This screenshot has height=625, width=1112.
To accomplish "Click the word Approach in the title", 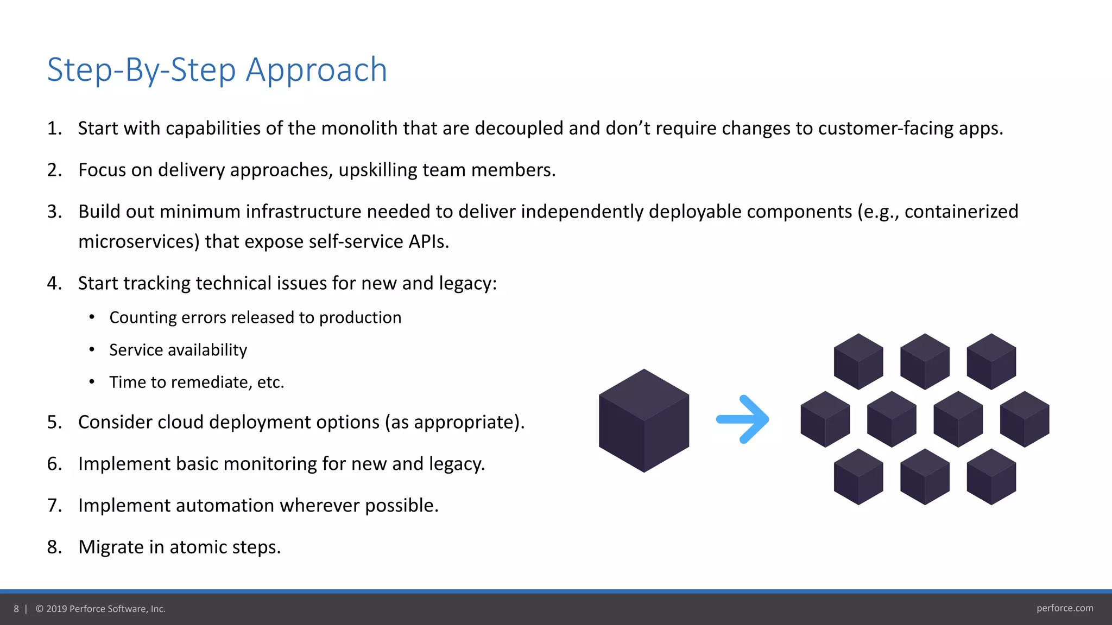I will [x=316, y=70].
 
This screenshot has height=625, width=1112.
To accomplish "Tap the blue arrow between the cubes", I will [x=743, y=419].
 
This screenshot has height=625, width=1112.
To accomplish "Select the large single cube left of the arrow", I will [x=644, y=420].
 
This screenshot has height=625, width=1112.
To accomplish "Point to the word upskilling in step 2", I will [x=377, y=170].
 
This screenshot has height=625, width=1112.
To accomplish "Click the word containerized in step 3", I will [x=961, y=212].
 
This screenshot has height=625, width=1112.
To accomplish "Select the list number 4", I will [x=54, y=283].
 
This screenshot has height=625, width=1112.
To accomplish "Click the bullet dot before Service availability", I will [x=92, y=350].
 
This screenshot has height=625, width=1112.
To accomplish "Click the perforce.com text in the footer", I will [x=1064, y=608].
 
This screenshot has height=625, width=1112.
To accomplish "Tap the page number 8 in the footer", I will [x=16, y=609].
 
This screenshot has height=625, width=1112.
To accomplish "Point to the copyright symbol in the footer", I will [x=40, y=609].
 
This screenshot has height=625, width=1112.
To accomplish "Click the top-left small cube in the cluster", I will [x=858, y=361].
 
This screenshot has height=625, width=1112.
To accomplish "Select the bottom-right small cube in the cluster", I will [x=991, y=476].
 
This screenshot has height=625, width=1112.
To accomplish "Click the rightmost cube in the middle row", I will [x=1024, y=419].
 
